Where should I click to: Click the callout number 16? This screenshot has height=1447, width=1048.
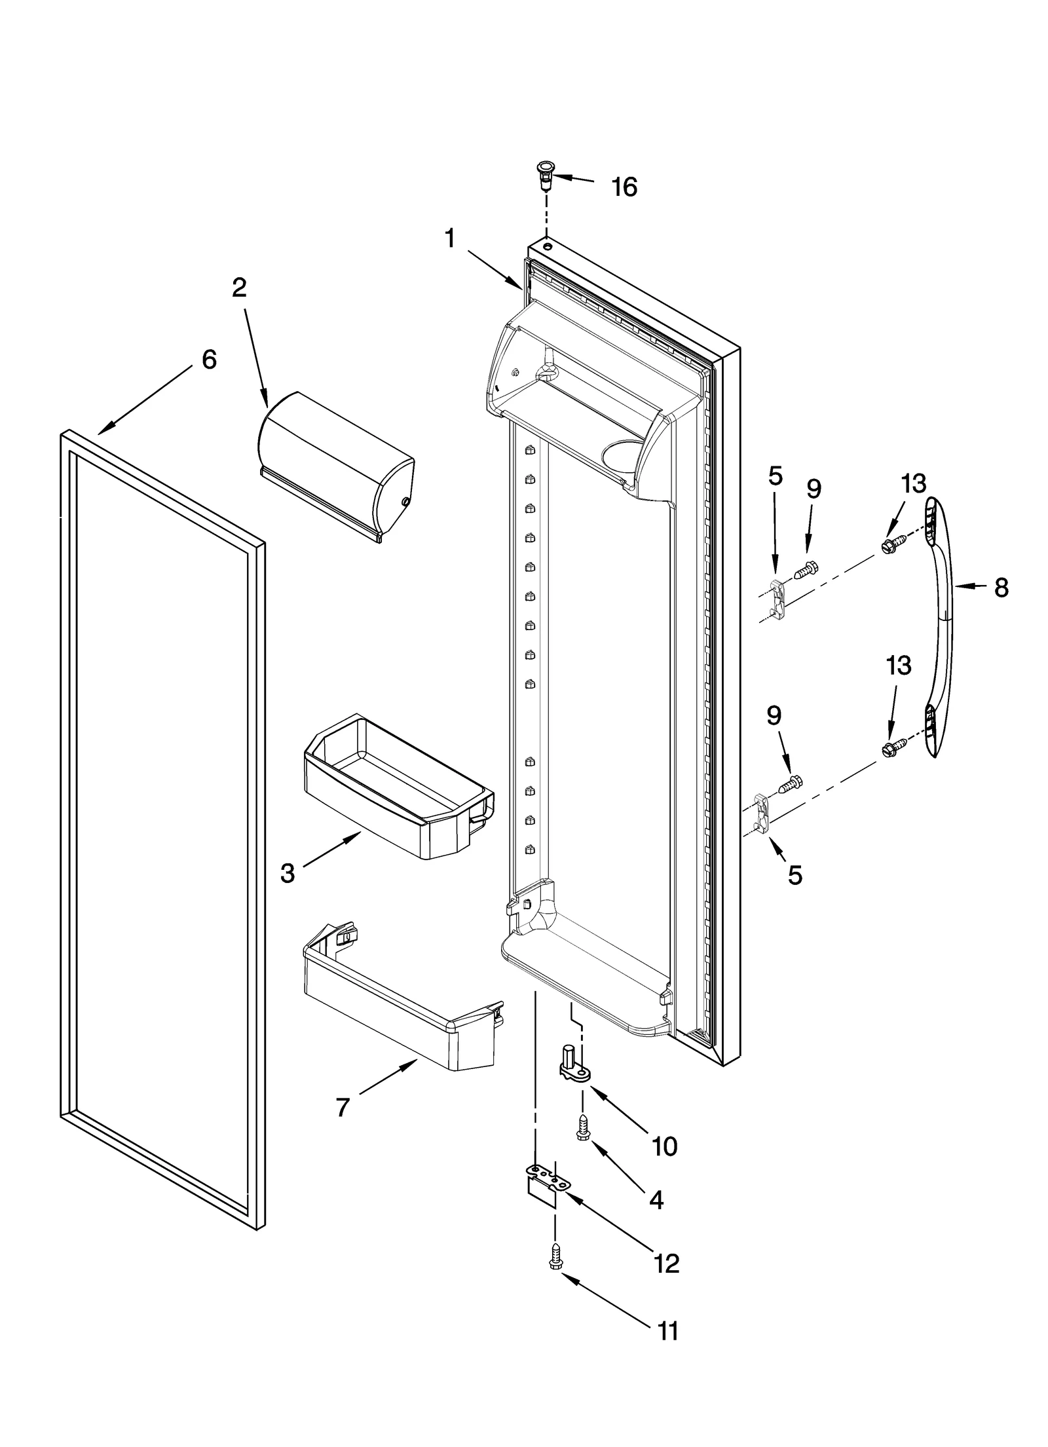click(x=624, y=187)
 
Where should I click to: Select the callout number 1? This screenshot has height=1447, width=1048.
click(x=449, y=238)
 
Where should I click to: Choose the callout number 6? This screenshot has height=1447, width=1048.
click(x=208, y=359)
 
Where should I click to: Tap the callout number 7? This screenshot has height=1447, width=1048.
click(x=343, y=1106)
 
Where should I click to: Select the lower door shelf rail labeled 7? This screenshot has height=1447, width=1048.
click(x=400, y=998)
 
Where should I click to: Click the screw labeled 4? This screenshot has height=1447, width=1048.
click(x=582, y=1129)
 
